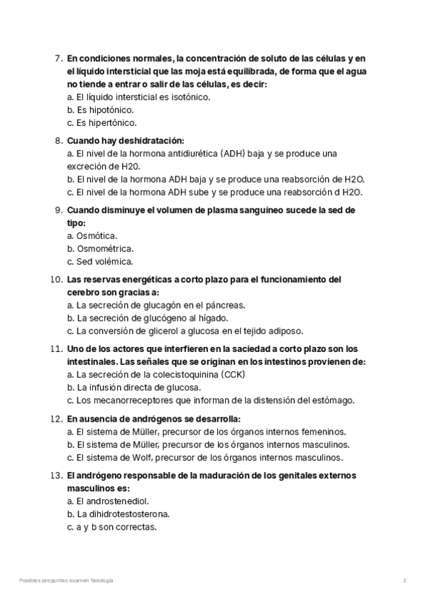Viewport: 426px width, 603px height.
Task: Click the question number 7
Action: (x=58, y=58)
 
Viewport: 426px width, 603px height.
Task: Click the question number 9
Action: (x=58, y=210)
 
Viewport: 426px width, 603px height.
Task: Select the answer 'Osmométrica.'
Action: (x=104, y=249)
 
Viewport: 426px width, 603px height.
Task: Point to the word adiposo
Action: (x=285, y=331)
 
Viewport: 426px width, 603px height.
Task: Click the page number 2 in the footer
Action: (x=404, y=581)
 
